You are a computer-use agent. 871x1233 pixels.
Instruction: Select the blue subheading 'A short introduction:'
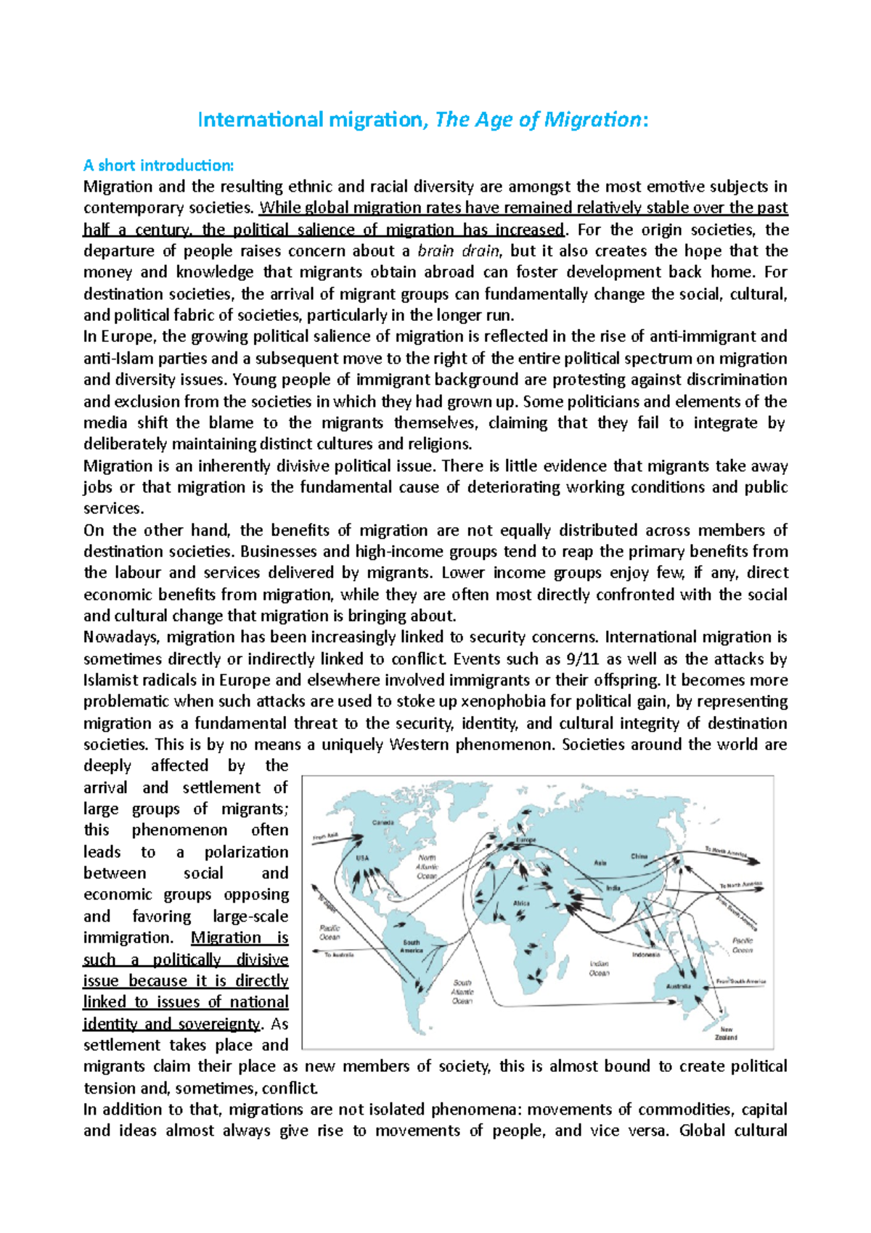[x=159, y=166]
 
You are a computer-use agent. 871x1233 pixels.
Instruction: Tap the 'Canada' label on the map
[x=383, y=823]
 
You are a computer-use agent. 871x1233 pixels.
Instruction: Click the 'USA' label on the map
[x=362, y=858]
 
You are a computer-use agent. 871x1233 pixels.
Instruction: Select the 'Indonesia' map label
[x=645, y=955]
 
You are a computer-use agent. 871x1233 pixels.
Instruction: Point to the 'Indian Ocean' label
[x=599, y=969]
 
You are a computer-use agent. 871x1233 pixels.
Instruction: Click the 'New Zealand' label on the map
[x=726, y=1033]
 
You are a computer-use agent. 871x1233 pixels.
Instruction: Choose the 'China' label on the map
[x=639, y=856]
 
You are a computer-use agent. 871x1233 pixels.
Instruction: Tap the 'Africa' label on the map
[x=522, y=903]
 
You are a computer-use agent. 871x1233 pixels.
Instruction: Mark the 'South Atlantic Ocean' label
[x=462, y=992]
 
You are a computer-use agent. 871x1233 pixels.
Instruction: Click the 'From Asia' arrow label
[x=326, y=837]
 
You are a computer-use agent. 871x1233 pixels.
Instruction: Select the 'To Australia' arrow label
[x=338, y=955]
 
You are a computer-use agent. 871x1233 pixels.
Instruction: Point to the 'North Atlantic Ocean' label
[x=427, y=866]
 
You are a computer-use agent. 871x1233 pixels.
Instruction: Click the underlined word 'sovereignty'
[x=221, y=1025]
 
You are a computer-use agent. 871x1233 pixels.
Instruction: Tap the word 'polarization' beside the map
[x=246, y=852]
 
